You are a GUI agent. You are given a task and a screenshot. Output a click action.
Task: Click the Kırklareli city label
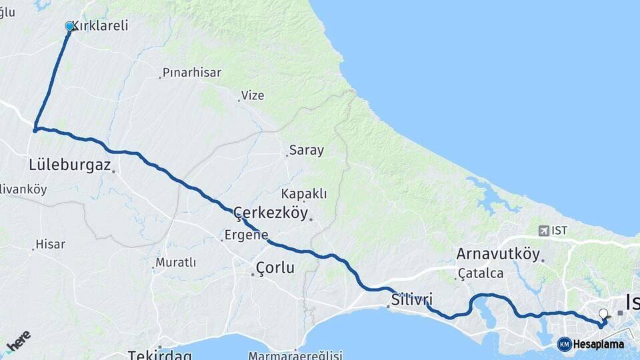(x=99, y=26)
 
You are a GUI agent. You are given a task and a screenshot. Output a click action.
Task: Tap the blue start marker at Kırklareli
(x=69, y=26)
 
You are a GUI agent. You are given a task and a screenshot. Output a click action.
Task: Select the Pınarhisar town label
(x=192, y=73)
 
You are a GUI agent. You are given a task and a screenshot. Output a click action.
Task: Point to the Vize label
(x=253, y=95)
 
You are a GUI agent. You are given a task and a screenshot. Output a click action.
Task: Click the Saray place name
(x=306, y=150)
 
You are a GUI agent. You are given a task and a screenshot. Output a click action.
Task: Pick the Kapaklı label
(x=304, y=193)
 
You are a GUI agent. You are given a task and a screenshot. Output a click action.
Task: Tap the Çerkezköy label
(x=271, y=213)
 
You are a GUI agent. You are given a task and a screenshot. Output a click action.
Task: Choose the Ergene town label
(x=246, y=235)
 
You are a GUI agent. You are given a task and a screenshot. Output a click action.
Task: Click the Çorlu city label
(x=275, y=268)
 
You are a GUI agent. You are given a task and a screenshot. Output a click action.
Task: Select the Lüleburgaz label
(x=69, y=165)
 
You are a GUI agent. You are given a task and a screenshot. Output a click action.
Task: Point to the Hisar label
(x=51, y=244)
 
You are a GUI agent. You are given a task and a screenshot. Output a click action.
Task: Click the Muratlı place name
(x=175, y=263)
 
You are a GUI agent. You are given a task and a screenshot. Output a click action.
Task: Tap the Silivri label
(x=412, y=299)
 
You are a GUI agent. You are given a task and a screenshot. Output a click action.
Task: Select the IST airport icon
(x=544, y=231)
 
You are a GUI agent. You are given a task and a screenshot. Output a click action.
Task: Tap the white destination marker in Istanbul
(x=603, y=313)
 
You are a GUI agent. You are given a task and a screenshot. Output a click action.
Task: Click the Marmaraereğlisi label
(x=295, y=355)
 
